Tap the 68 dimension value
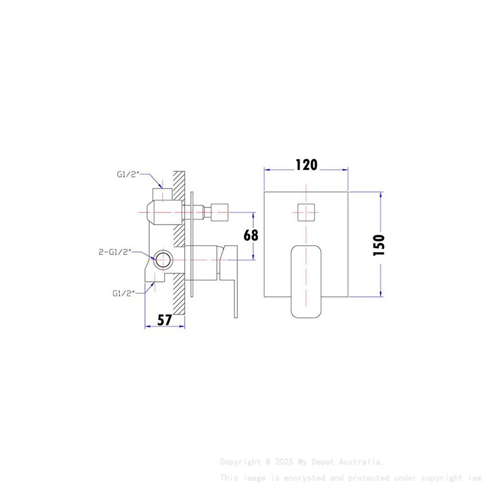point(250,235)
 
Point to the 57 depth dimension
point(164,320)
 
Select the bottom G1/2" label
point(123,293)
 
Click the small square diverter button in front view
point(307,212)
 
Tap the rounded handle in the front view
point(307,281)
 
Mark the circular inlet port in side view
point(163,260)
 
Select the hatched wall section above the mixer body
point(178,183)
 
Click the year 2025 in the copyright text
point(282,462)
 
